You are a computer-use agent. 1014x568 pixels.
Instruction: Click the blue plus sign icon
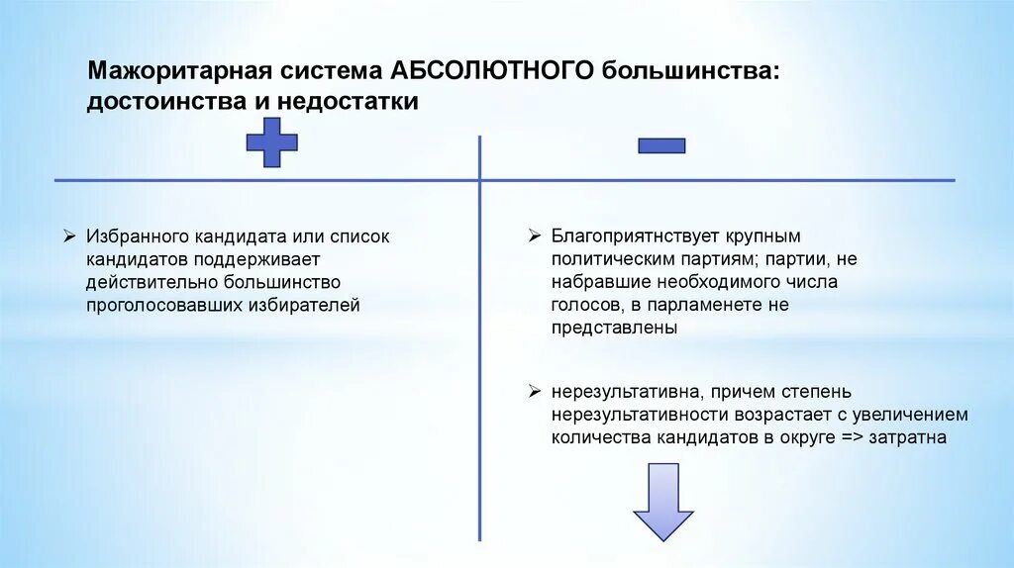tap(271, 144)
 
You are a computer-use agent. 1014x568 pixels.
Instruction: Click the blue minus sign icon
tap(661, 145)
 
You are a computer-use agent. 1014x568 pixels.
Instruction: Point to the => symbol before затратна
tap(849, 436)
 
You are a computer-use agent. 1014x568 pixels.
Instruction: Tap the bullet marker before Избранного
tap(69, 237)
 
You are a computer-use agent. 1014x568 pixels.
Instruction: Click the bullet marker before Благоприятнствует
tap(534, 237)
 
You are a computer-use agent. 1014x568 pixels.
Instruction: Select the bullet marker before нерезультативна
tap(534, 391)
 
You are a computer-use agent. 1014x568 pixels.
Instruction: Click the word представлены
tap(615, 329)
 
